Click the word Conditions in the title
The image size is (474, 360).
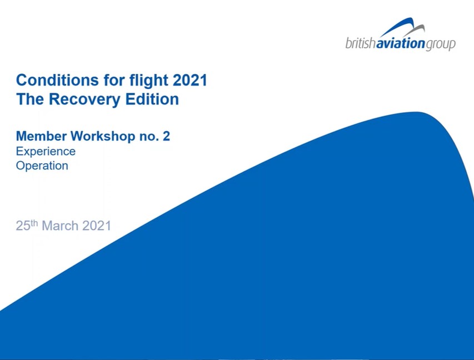pyautogui.click(x=57, y=80)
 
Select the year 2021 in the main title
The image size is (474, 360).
pyautogui.click(x=190, y=80)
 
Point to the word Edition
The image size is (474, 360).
pyautogui.click(x=152, y=99)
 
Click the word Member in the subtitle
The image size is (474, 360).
pyautogui.click(x=41, y=136)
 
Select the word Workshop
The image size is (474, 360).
pyautogui.click(x=103, y=137)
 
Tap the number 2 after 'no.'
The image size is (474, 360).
pyautogui.click(x=166, y=136)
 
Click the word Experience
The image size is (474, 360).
pyautogui.click(x=46, y=152)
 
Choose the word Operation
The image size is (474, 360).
pyautogui.click(x=42, y=166)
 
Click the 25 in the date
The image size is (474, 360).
pyautogui.click(x=23, y=226)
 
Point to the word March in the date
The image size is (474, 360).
pyautogui.click(x=60, y=226)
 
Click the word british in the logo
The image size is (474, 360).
pyautogui.click(x=360, y=43)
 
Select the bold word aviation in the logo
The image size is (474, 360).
pyautogui.click(x=401, y=43)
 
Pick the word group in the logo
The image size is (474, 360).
pyautogui.click(x=441, y=44)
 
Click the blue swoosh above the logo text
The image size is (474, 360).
pyautogui.click(x=397, y=27)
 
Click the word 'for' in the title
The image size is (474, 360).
pyautogui.click(x=114, y=80)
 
